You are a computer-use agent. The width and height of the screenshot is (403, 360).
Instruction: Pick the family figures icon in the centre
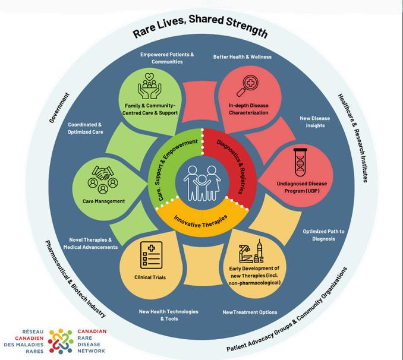201,181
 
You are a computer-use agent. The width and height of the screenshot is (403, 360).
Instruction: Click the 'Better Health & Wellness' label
242,57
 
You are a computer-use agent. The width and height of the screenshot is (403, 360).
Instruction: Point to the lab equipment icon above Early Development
251,255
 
